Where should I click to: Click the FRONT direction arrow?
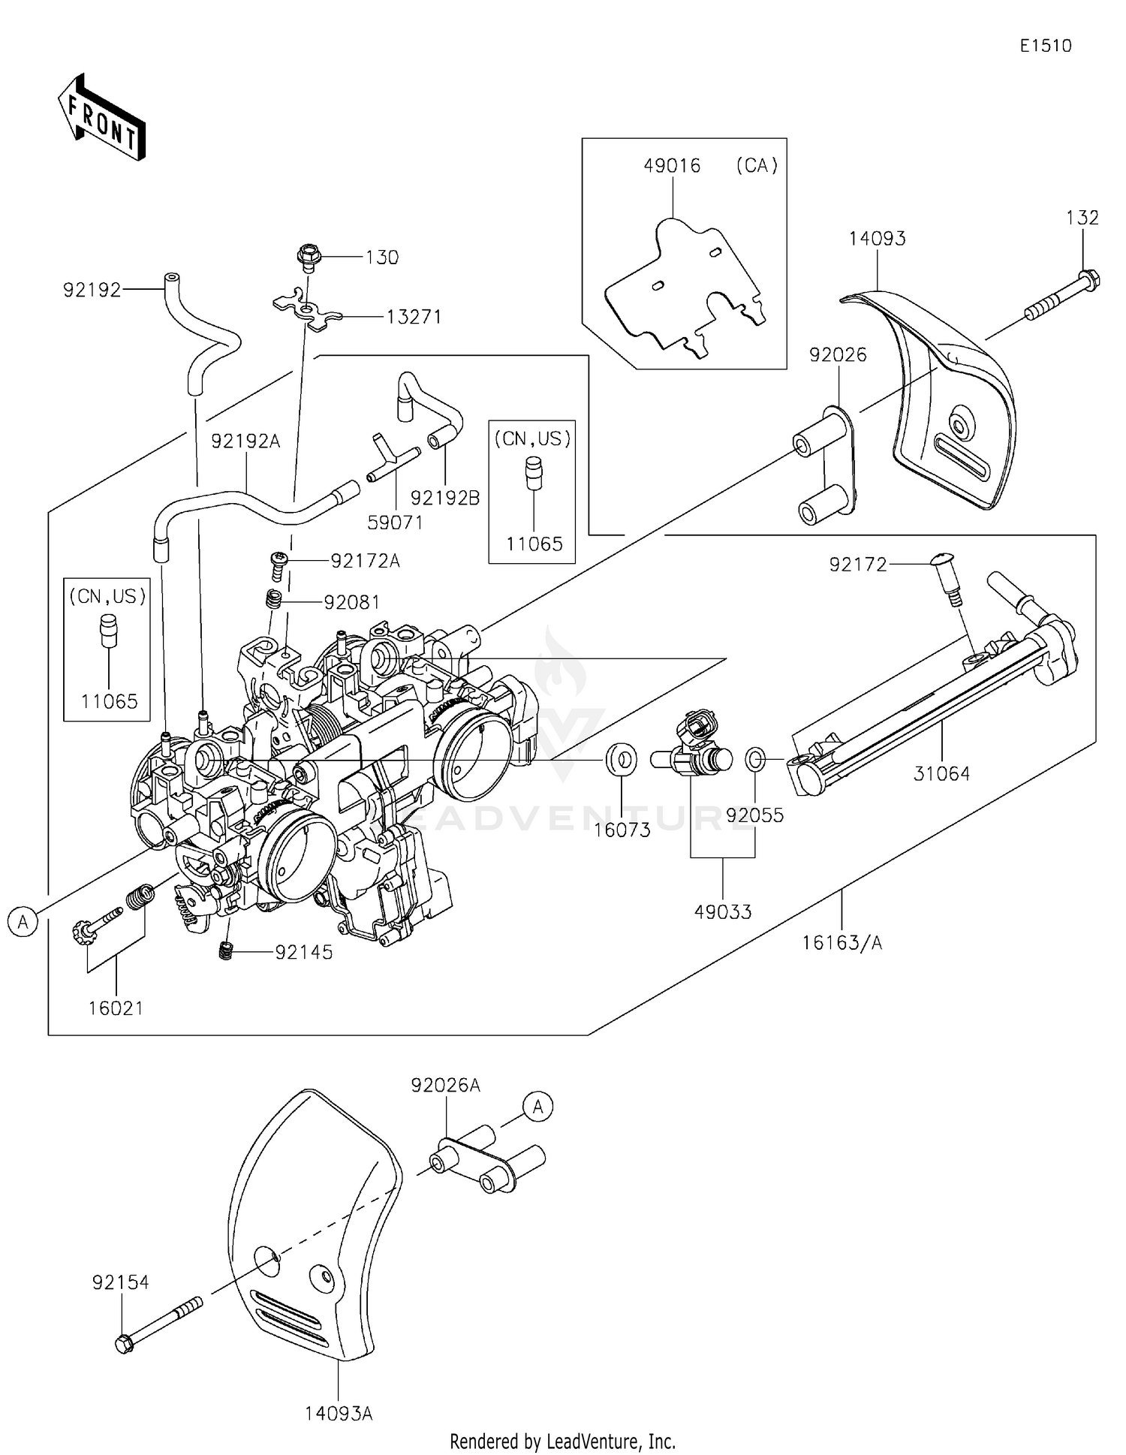[102, 118]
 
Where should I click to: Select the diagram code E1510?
[1045, 46]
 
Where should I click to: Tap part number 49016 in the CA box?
[672, 166]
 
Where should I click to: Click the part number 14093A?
[339, 1414]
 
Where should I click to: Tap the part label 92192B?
[445, 498]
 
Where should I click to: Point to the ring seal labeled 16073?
[622, 760]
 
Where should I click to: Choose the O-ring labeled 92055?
[755, 759]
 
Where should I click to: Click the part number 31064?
[941, 773]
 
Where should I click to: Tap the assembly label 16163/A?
[841, 943]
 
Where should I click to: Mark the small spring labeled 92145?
[225, 950]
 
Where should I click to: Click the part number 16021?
[116, 1008]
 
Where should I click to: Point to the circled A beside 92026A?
[537, 1106]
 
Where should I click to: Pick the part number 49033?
[722, 911]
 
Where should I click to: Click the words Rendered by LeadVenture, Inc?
[562, 1441]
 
